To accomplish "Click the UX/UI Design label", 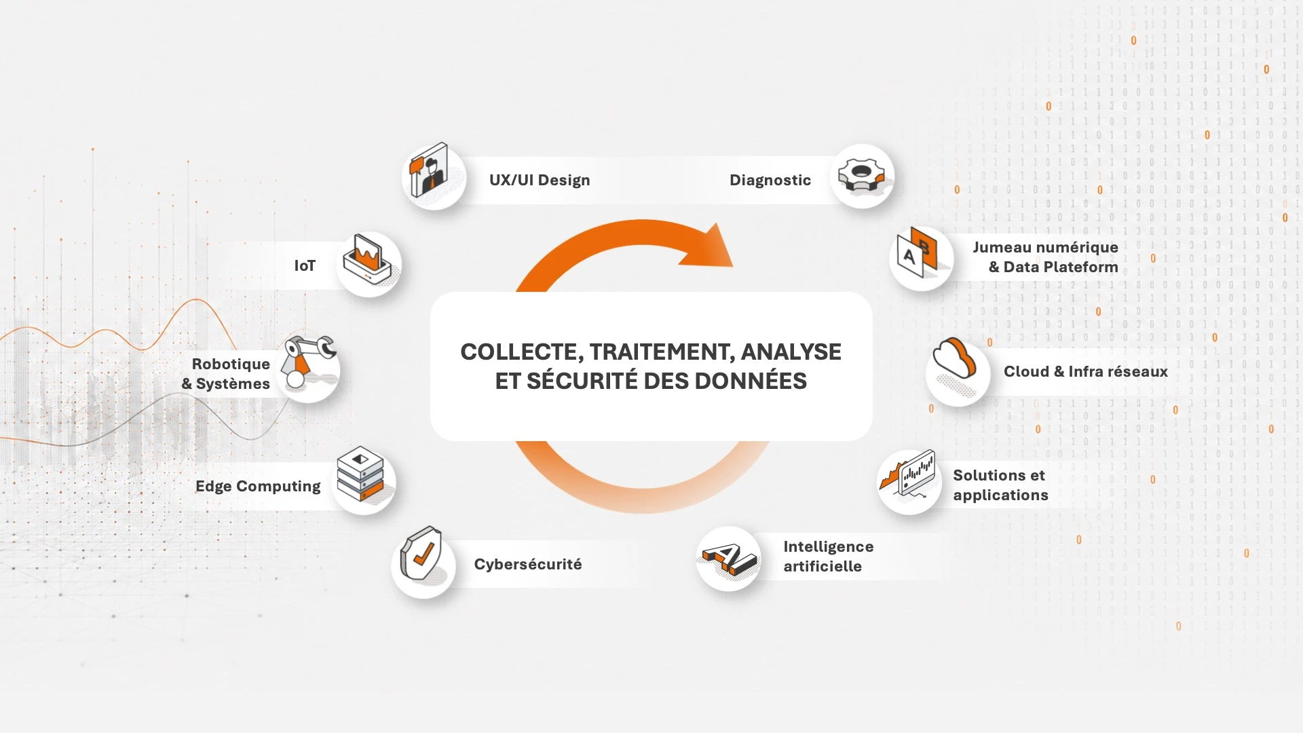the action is coord(540,180).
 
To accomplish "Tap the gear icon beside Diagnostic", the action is coord(861,176).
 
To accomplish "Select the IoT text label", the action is coord(305,265).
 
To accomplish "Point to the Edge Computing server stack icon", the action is coord(360,474).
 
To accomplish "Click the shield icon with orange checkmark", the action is coord(421,553).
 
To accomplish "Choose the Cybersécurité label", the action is coord(528,564).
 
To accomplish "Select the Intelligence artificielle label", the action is coord(829,556).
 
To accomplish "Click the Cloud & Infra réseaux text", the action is coord(1086,371).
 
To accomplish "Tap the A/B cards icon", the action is coord(917,252).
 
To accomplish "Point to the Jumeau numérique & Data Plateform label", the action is coord(1046,257).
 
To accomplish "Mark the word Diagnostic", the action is coord(770,180).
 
